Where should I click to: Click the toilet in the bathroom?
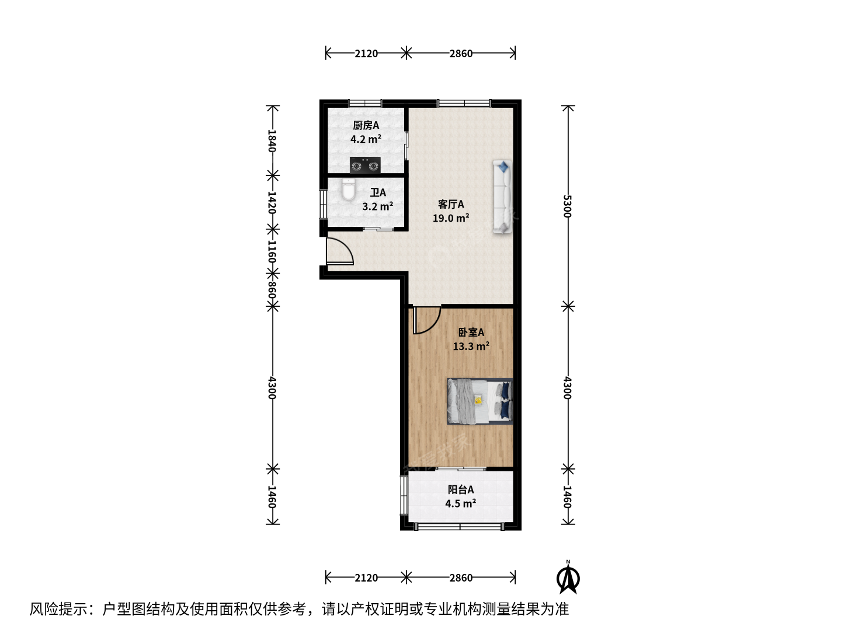pyautogui.click(x=348, y=189)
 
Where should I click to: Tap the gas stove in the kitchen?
pyautogui.click(x=365, y=165)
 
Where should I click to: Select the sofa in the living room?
pyautogui.click(x=502, y=197)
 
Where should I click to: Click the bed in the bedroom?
pyautogui.click(x=479, y=401)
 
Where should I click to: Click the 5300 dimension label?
pyautogui.click(x=568, y=206)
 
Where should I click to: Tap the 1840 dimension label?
pyautogui.click(x=272, y=141)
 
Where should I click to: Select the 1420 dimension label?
pyautogui.click(x=272, y=202)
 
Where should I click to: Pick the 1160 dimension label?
pyautogui.click(x=272, y=251)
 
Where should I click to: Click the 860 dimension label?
pyautogui.click(x=272, y=290)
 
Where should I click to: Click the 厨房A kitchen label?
pyautogui.click(x=366, y=125)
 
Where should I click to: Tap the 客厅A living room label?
pyautogui.click(x=451, y=204)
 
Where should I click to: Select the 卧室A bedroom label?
pyautogui.click(x=471, y=332)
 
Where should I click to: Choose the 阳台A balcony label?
pyautogui.click(x=461, y=489)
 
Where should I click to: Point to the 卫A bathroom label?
pyautogui.click(x=378, y=192)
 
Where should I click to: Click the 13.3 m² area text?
pyautogui.click(x=471, y=346)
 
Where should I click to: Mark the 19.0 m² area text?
pyautogui.click(x=451, y=218)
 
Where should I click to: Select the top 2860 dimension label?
pyautogui.click(x=461, y=54)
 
